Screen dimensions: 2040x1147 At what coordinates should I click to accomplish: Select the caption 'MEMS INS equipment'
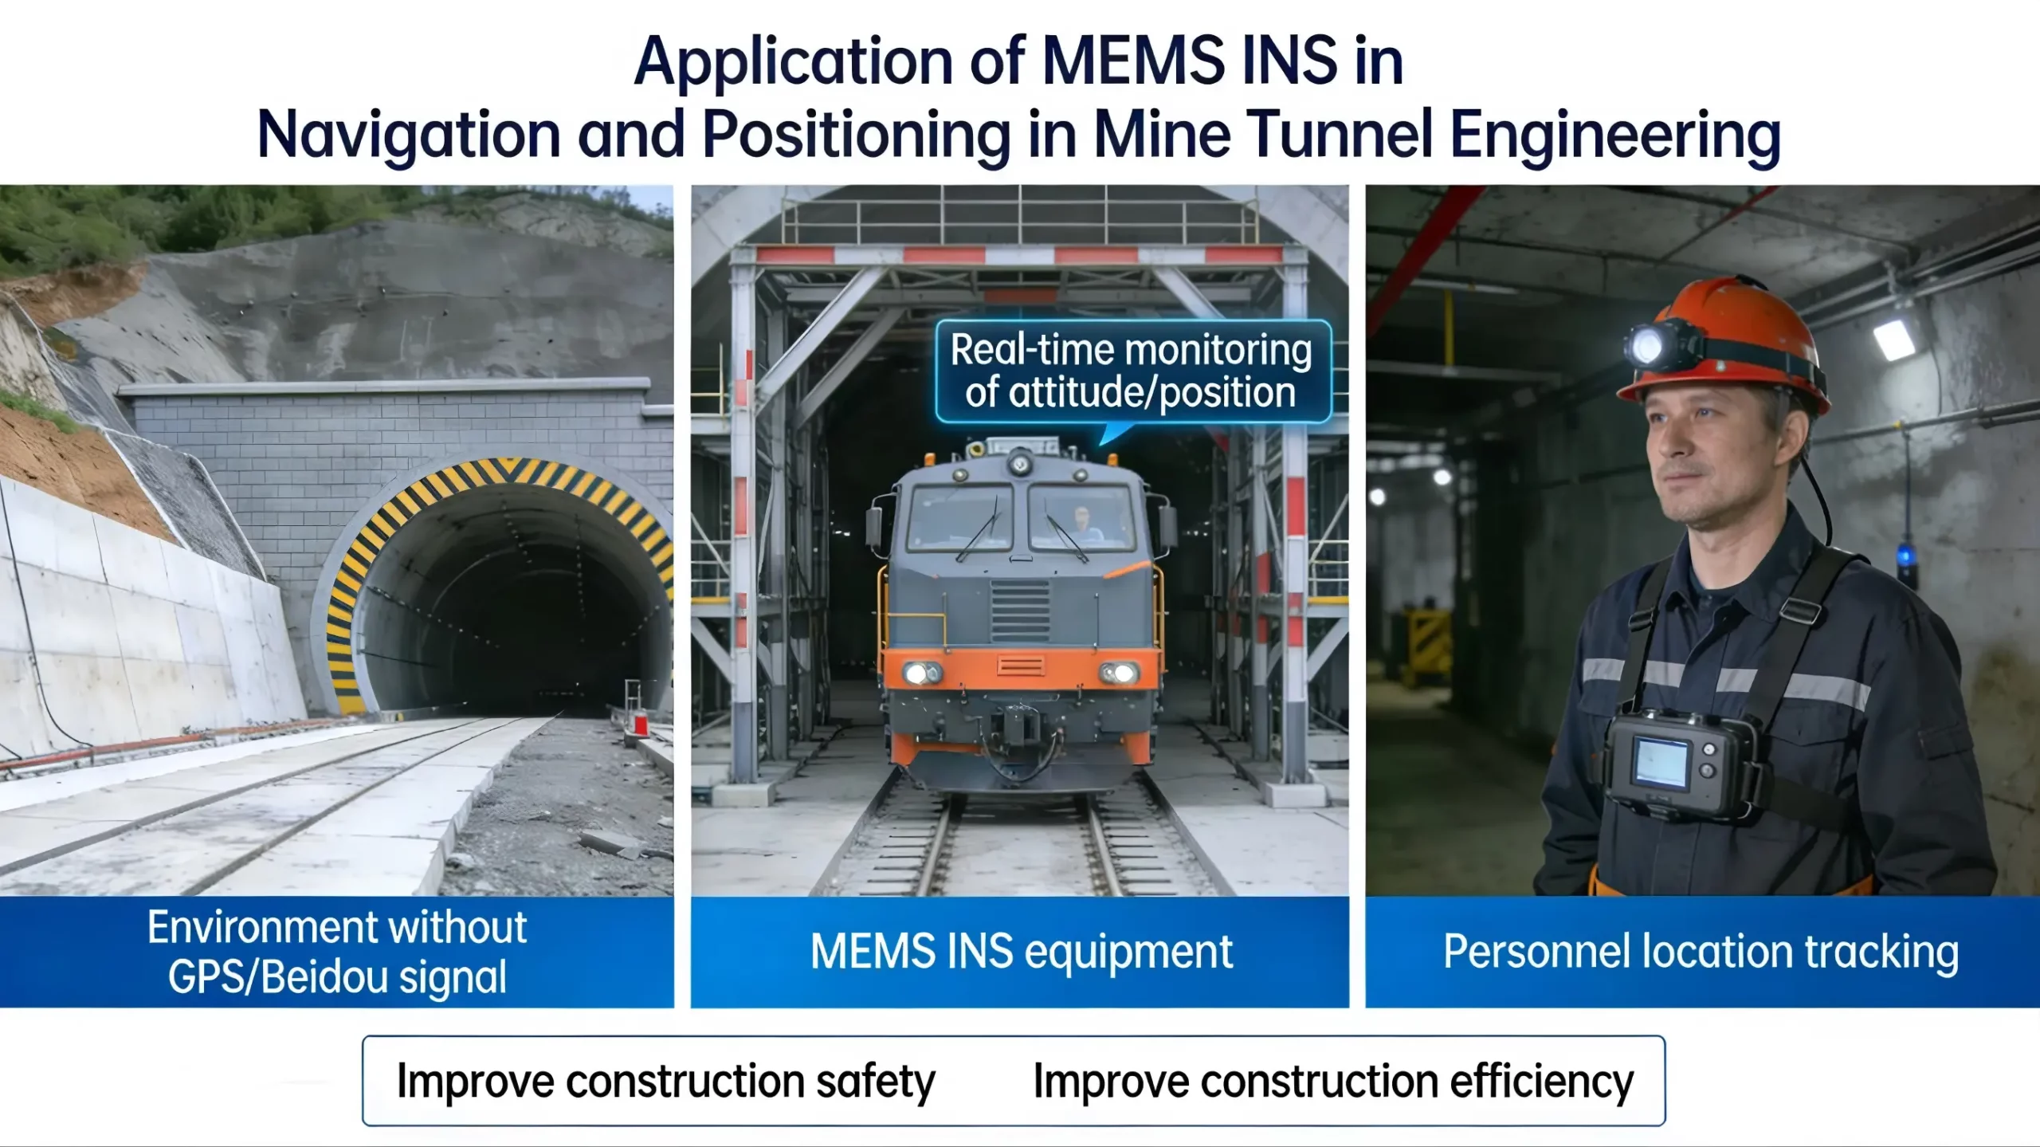pos(1022,952)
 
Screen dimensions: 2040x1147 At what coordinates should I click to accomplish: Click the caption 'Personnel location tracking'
pos(1701,952)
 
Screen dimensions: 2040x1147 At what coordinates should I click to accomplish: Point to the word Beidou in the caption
pos(326,977)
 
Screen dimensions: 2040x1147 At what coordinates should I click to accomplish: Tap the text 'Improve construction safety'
pos(666,1082)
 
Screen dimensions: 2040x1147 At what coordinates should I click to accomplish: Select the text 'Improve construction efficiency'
pos(1333,1082)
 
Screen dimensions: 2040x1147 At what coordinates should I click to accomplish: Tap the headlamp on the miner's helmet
pos(1649,346)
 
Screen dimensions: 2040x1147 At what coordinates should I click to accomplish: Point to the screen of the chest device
pos(1661,762)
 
